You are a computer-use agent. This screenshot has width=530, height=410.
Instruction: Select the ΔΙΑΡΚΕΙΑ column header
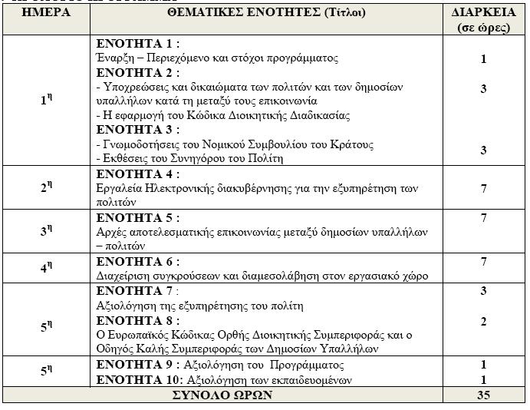(x=483, y=14)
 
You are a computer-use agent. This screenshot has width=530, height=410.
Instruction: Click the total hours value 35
(x=483, y=395)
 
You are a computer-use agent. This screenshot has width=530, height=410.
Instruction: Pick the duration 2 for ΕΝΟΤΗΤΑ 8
(x=483, y=322)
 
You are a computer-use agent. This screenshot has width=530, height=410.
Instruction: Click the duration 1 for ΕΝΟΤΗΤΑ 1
(x=483, y=59)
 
